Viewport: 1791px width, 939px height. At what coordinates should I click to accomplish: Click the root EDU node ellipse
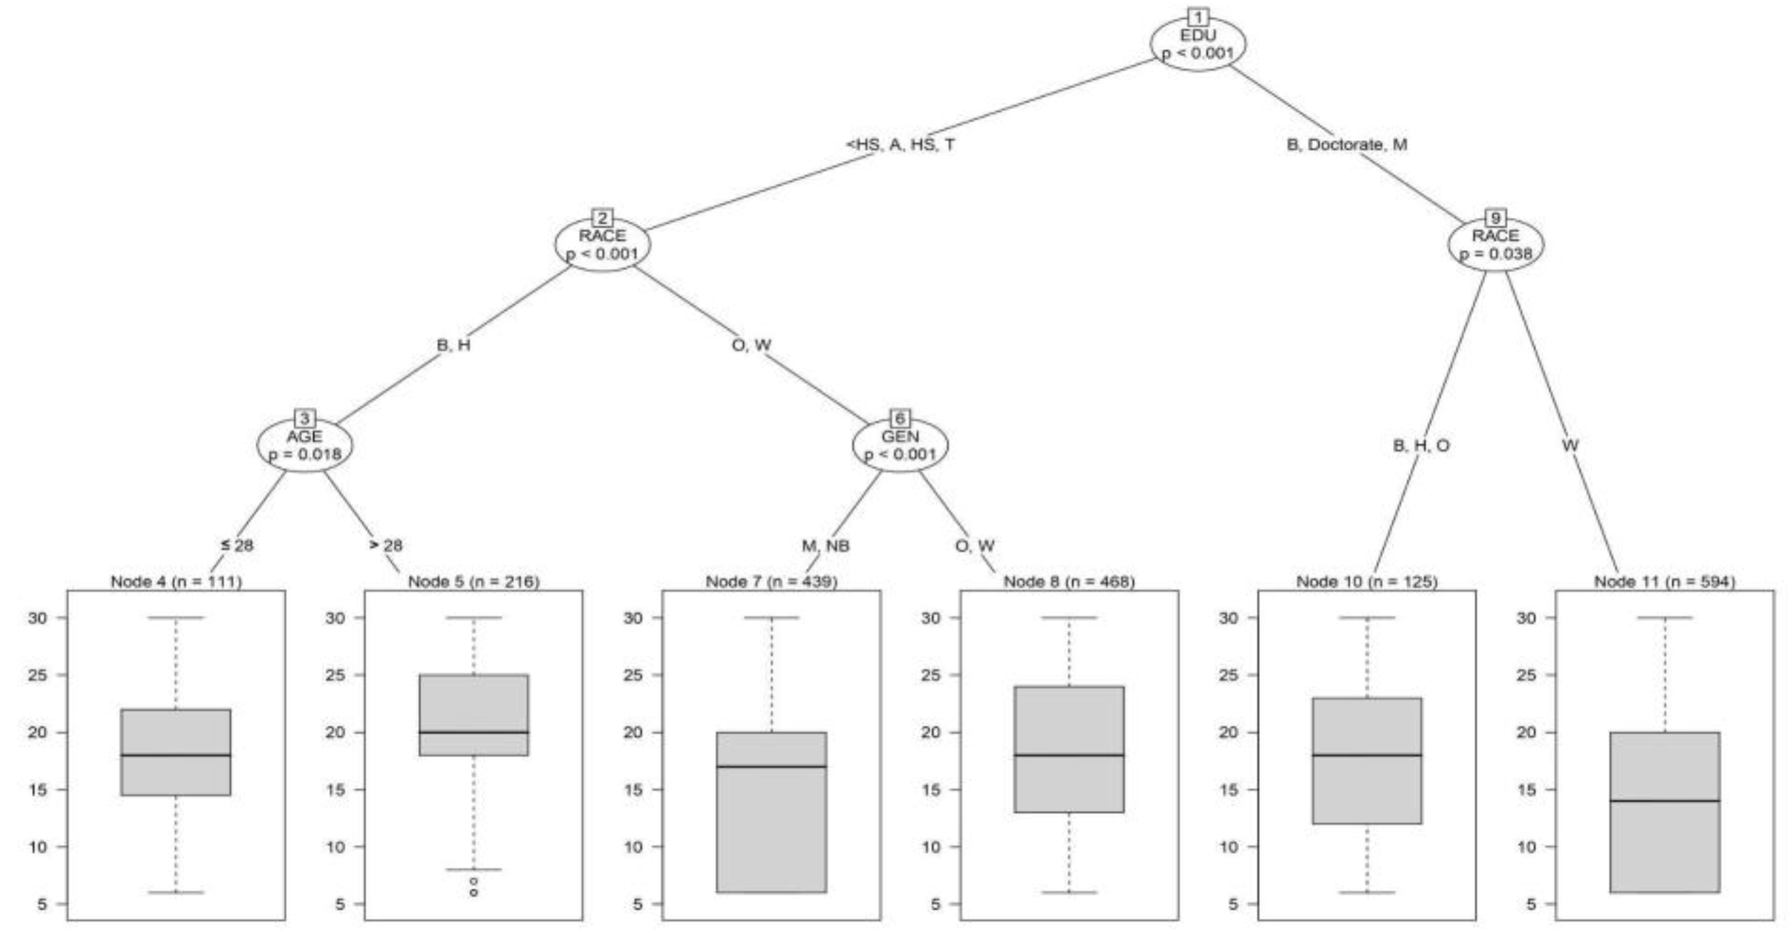(1197, 43)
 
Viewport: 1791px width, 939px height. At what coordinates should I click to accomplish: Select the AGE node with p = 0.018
(305, 445)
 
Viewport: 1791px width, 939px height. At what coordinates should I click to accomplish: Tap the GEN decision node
(900, 445)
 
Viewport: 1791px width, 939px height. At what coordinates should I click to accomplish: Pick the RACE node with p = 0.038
(1495, 245)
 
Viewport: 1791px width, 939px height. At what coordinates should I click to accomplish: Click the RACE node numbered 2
(602, 245)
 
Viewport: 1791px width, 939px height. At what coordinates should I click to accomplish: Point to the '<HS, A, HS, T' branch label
(900, 145)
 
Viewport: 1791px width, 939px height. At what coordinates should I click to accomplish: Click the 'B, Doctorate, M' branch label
(1347, 145)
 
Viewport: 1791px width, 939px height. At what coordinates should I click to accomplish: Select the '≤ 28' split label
(237, 545)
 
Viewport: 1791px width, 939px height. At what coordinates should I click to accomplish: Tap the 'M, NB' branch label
(825, 545)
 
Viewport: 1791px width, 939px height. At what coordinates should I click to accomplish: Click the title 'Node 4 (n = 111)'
(177, 581)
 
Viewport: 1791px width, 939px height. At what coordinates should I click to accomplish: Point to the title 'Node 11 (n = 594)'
(1664, 581)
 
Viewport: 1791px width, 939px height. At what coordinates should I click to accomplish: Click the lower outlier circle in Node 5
(474, 892)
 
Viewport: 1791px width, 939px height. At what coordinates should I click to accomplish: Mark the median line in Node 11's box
(1664, 801)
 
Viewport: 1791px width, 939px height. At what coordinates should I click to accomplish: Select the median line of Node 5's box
(474, 733)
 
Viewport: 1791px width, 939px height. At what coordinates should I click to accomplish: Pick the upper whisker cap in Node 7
(772, 618)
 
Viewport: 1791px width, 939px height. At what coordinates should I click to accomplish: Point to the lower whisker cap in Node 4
(176, 892)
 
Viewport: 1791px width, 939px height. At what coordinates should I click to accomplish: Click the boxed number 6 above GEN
(900, 418)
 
